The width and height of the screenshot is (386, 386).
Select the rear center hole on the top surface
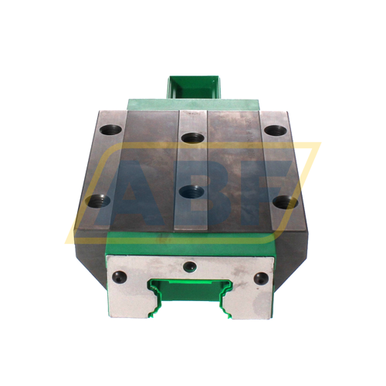191,139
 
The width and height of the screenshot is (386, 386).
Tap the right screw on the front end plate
261,277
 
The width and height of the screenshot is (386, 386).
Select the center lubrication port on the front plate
189,266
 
